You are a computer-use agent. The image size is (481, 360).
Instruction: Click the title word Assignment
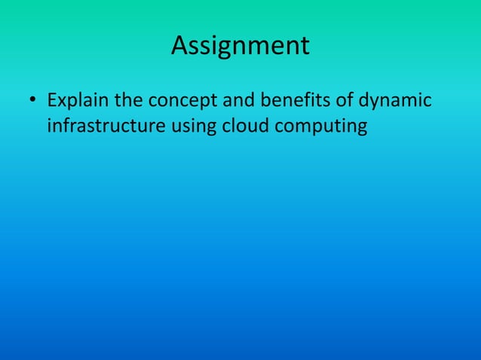tap(240, 47)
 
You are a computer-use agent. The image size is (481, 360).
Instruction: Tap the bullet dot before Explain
tap(32, 100)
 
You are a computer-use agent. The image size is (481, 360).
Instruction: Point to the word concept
tap(182, 101)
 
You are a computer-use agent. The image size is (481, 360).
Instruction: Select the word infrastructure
tap(106, 126)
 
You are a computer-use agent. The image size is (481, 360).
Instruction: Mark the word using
tap(194, 127)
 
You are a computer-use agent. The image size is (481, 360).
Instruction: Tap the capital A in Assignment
tap(179, 46)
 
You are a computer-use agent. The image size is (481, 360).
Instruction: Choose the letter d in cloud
tap(263, 126)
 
